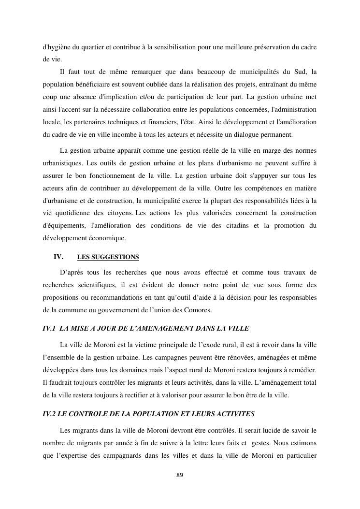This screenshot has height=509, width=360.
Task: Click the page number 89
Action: coord(180,475)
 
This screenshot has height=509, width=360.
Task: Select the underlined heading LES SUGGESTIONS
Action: coord(108,257)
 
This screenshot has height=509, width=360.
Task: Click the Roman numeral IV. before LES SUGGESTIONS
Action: coord(58,257)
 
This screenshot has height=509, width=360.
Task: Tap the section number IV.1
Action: coord(50,328)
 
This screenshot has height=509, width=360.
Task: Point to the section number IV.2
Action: coord(50,414)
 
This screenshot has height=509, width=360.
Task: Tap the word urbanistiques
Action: coord(65,162)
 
